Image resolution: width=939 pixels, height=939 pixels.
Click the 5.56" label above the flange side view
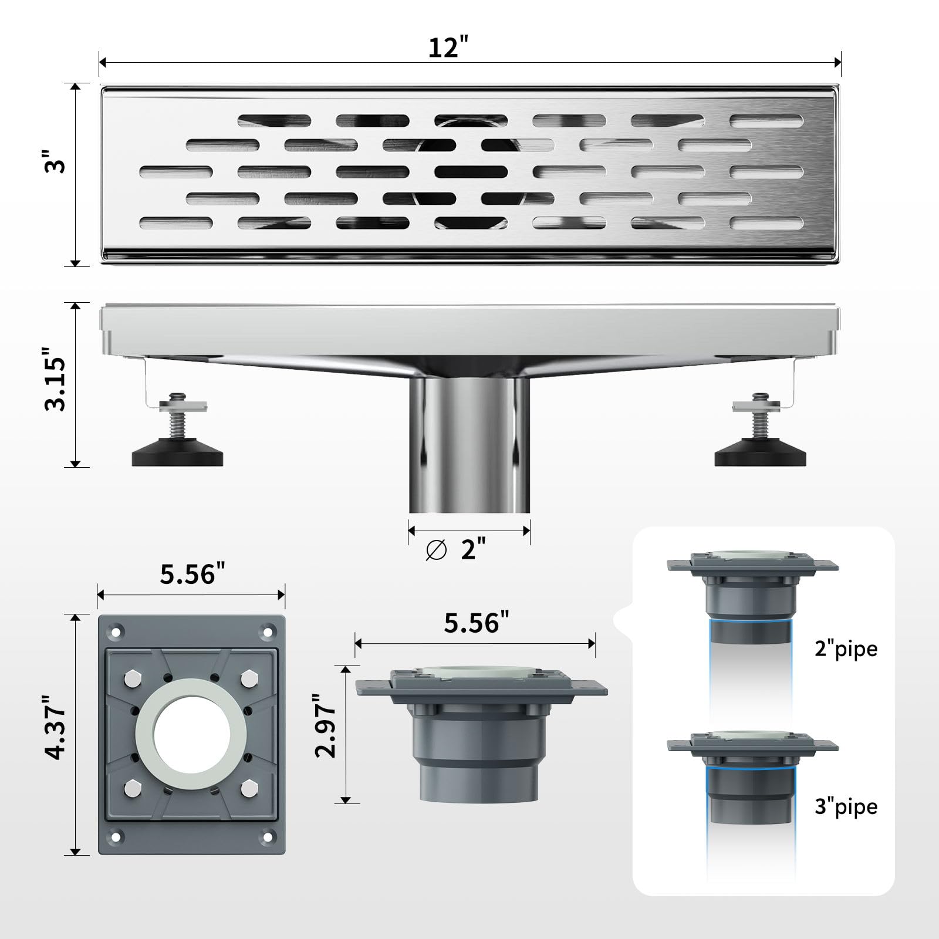[476, 623]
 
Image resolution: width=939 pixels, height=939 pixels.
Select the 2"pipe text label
[846, 648]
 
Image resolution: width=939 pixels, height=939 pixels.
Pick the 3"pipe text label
[846, 807]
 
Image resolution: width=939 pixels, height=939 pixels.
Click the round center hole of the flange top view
[191, 733]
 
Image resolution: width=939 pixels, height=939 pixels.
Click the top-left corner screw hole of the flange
[116, 632]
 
